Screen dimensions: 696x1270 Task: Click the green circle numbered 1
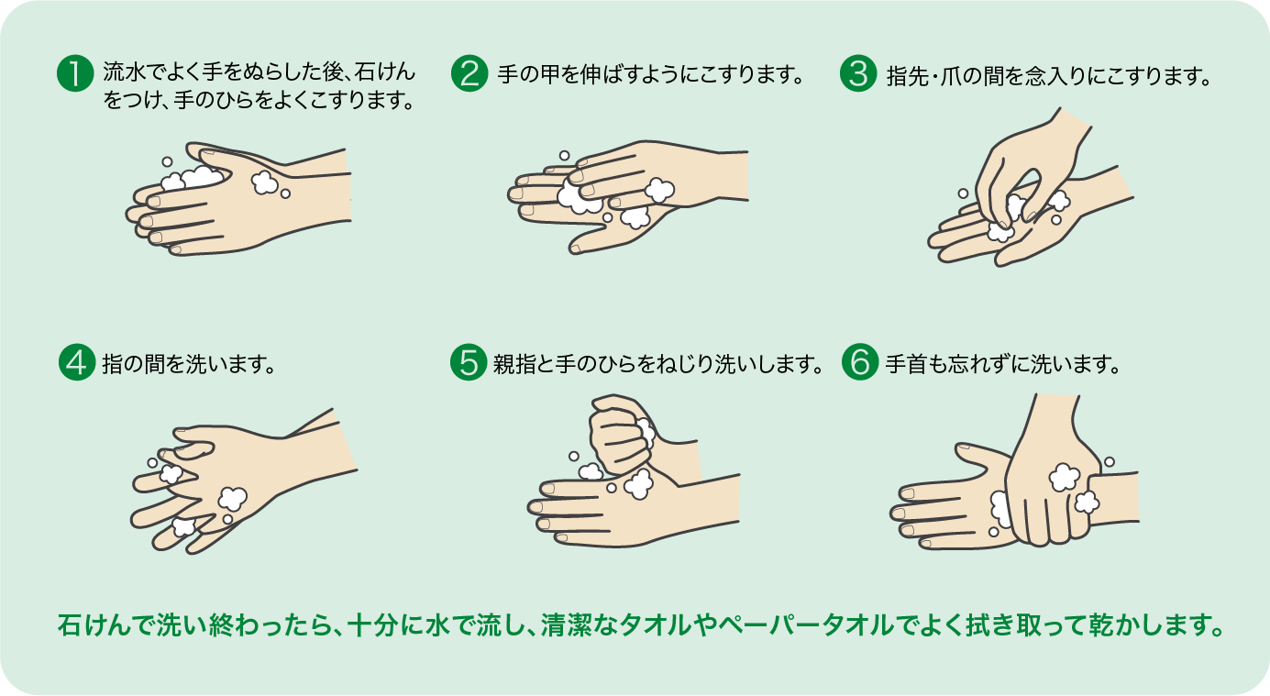click(75, 74)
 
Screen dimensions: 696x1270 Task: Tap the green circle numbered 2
click(469, 74)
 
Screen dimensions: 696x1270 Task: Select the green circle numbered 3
click(858, 74)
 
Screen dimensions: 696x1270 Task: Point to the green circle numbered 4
click(75, 362)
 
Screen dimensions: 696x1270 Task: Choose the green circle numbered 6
click(858, 362)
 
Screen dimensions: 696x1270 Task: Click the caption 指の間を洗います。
click(190, 363)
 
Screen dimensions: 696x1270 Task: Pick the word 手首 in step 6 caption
click(905, 363)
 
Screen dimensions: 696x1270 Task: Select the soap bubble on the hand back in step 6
click(1064, 477)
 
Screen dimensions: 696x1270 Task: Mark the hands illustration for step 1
click(238, 196)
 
